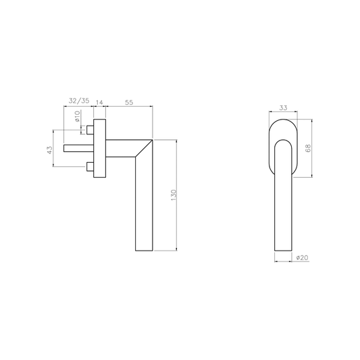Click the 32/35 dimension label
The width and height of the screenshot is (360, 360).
click(79, 101)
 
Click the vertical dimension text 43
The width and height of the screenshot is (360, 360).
click(49, 150)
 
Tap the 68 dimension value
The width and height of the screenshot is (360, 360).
click(308, 148)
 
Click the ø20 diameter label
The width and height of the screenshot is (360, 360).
click(302, 258)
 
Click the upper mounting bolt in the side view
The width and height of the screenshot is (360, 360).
click(89, 128)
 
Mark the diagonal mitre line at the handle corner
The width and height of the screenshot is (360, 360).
click(145, 148)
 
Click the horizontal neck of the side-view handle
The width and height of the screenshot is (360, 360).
click(122, 147)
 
